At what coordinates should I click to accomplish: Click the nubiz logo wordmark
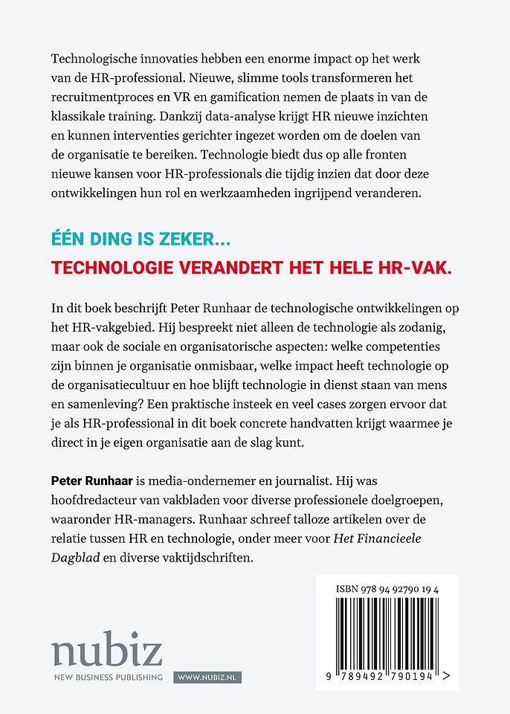(106, 652)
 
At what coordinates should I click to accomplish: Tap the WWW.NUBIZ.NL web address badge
(208, 678)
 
